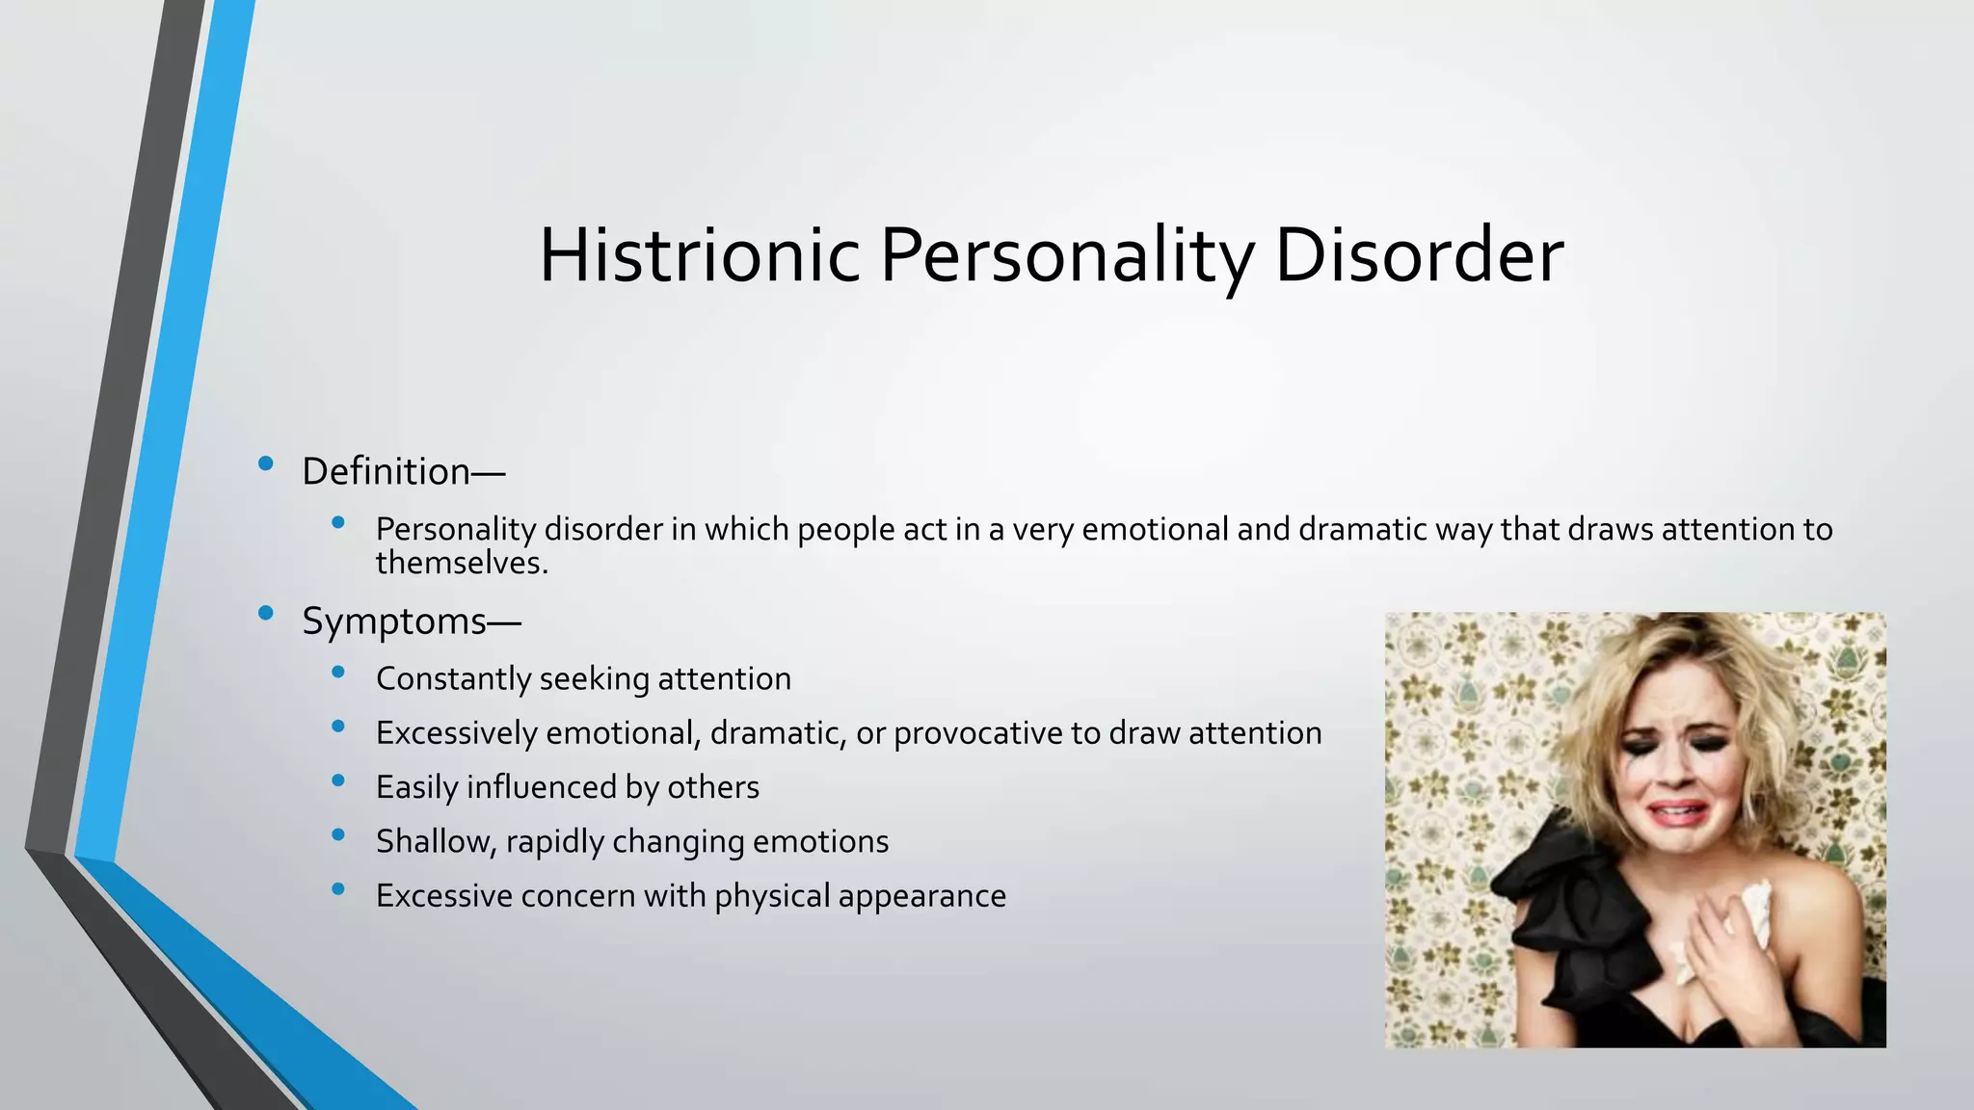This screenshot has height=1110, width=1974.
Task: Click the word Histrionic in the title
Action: pos(699,256)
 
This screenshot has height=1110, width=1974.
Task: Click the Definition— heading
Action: pos(403,472)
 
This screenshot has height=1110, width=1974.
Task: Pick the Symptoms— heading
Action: pos(411,621)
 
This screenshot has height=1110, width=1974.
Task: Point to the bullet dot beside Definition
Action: pos(266,464)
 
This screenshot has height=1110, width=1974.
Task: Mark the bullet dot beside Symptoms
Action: pos(266,613)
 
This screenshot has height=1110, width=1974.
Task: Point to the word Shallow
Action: pos(436,842)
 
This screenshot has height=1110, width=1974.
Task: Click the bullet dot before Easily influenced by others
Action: pos(337,780)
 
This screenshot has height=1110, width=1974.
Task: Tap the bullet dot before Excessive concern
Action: pos(337,889)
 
